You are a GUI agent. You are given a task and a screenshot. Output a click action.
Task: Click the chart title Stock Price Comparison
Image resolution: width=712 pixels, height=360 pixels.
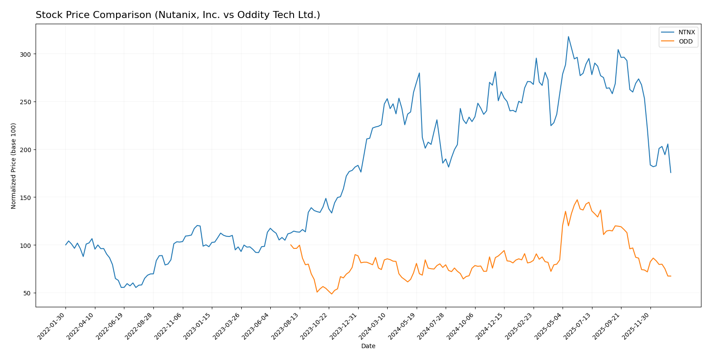pyautogui.click(x=178, y=15)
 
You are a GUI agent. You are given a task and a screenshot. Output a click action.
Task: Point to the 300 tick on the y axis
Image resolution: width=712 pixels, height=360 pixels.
pyautogui.click(x=27, y=54)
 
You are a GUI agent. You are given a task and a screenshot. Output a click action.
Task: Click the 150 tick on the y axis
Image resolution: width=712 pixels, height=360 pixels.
pyautogui.click(x=27, y=197)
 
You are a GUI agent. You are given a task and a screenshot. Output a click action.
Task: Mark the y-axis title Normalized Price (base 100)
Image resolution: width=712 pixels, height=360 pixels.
pyautogui.click(x=14, y=166)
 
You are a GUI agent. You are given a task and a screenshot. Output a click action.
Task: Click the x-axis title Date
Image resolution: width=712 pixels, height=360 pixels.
pyautogui.click(x=368, y=346)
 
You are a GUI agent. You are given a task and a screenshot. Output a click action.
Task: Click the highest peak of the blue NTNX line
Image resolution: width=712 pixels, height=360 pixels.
pyautogui.click(x=568, y=36)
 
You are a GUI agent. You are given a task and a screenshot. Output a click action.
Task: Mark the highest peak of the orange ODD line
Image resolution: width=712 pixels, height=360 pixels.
pyautogui.click(x=577, y=200)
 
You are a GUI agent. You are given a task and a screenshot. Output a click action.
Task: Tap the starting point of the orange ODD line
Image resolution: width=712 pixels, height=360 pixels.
pyautogui.click(x=291, y=245)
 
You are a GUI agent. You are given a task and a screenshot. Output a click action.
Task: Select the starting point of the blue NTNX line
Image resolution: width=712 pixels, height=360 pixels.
pyautogui.click(x=66, y=245)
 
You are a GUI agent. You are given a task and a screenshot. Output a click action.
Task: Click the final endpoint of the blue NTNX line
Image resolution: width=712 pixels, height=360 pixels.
pyautogui.click(x=671, y=172)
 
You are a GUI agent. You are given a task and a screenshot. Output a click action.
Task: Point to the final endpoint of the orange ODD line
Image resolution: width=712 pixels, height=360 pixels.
pyautogui.click(x=671, y=276)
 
